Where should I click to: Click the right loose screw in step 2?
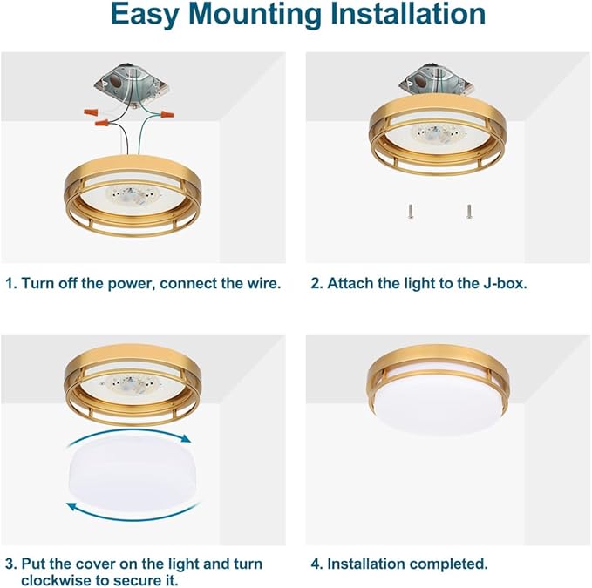coord(469,210)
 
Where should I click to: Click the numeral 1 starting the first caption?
coord(10,284)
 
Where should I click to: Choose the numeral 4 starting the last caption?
coord(316,564)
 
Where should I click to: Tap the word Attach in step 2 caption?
coord(350,284)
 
